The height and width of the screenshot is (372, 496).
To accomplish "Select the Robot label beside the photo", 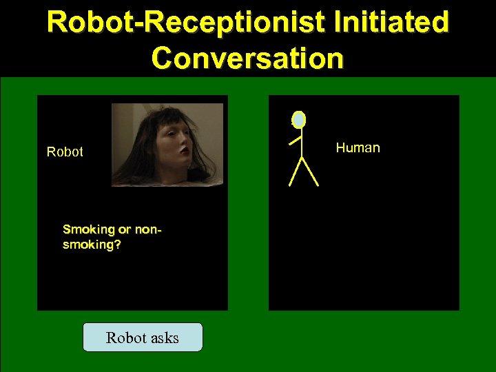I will pyautogui.click(x=65, y=152).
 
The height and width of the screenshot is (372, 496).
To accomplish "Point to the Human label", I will pyautogui.click(x=358, y=147).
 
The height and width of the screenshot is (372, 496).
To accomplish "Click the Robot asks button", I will pyautogui.click(x=143, y=338).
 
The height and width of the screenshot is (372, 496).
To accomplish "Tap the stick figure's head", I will pyautogui.click(x=298, y=120).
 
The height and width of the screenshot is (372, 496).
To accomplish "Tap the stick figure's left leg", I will pyautogui.click(x=296, y=172).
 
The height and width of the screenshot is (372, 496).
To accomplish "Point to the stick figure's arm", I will pyautogui.click(x=296, y=140).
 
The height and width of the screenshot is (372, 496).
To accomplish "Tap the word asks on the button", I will pyautogui.click(x=163, y=338).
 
